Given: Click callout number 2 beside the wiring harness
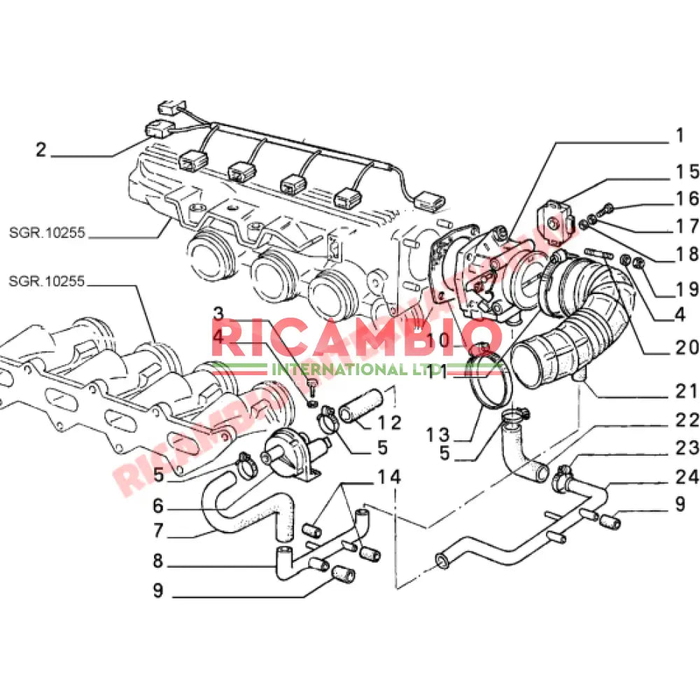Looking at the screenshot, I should coord(41,150).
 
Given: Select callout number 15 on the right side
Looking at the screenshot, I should coord(687,171).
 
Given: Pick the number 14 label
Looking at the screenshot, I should coord(390,477).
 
